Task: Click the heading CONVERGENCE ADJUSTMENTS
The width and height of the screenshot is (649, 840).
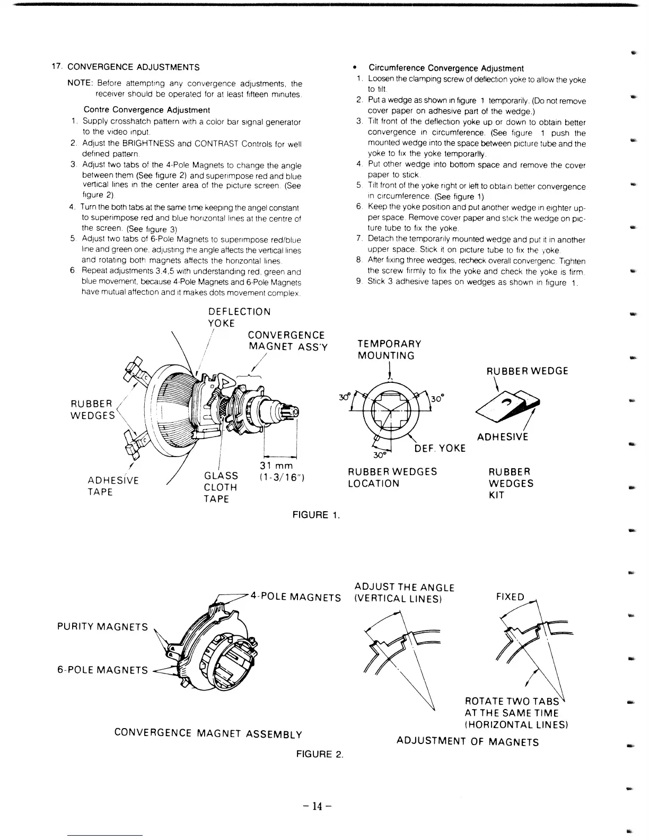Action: (x=133, y=67)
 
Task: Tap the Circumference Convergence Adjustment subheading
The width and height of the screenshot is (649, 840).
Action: (x=446, y=68)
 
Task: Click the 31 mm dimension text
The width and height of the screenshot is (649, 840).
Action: (x=276, y=466)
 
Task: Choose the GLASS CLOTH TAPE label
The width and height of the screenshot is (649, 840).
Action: (x=221, y=487)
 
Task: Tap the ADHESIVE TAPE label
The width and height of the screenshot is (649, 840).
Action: (x=113, y=486)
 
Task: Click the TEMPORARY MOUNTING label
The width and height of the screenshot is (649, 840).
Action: (x=389, y=349)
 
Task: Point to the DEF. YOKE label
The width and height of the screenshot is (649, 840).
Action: (x=440, y=448)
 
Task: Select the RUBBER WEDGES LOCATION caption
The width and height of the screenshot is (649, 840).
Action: (x=392, y=477)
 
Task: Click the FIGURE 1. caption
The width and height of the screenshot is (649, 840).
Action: (x=316, y=514)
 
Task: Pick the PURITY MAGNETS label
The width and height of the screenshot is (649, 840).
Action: (x=102, y=627)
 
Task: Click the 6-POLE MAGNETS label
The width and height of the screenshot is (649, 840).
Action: (x=102, y=670)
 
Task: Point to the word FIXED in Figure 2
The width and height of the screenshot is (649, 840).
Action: (x=510, y=597)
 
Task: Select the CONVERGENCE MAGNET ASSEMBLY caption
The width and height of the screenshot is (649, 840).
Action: (x=208, y=733)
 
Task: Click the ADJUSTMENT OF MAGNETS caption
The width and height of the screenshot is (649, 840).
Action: (x=467, y=741)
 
